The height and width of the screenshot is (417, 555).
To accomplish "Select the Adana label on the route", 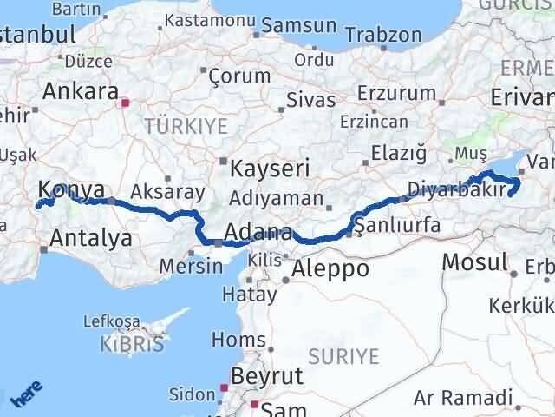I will [257, 233].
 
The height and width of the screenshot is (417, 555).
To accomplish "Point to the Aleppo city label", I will [330, 268].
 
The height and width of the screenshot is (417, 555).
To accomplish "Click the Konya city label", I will [72, 190].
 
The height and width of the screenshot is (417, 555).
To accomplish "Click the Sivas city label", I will [310, 100].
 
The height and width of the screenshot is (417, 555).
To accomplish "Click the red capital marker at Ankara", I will [126, 103].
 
